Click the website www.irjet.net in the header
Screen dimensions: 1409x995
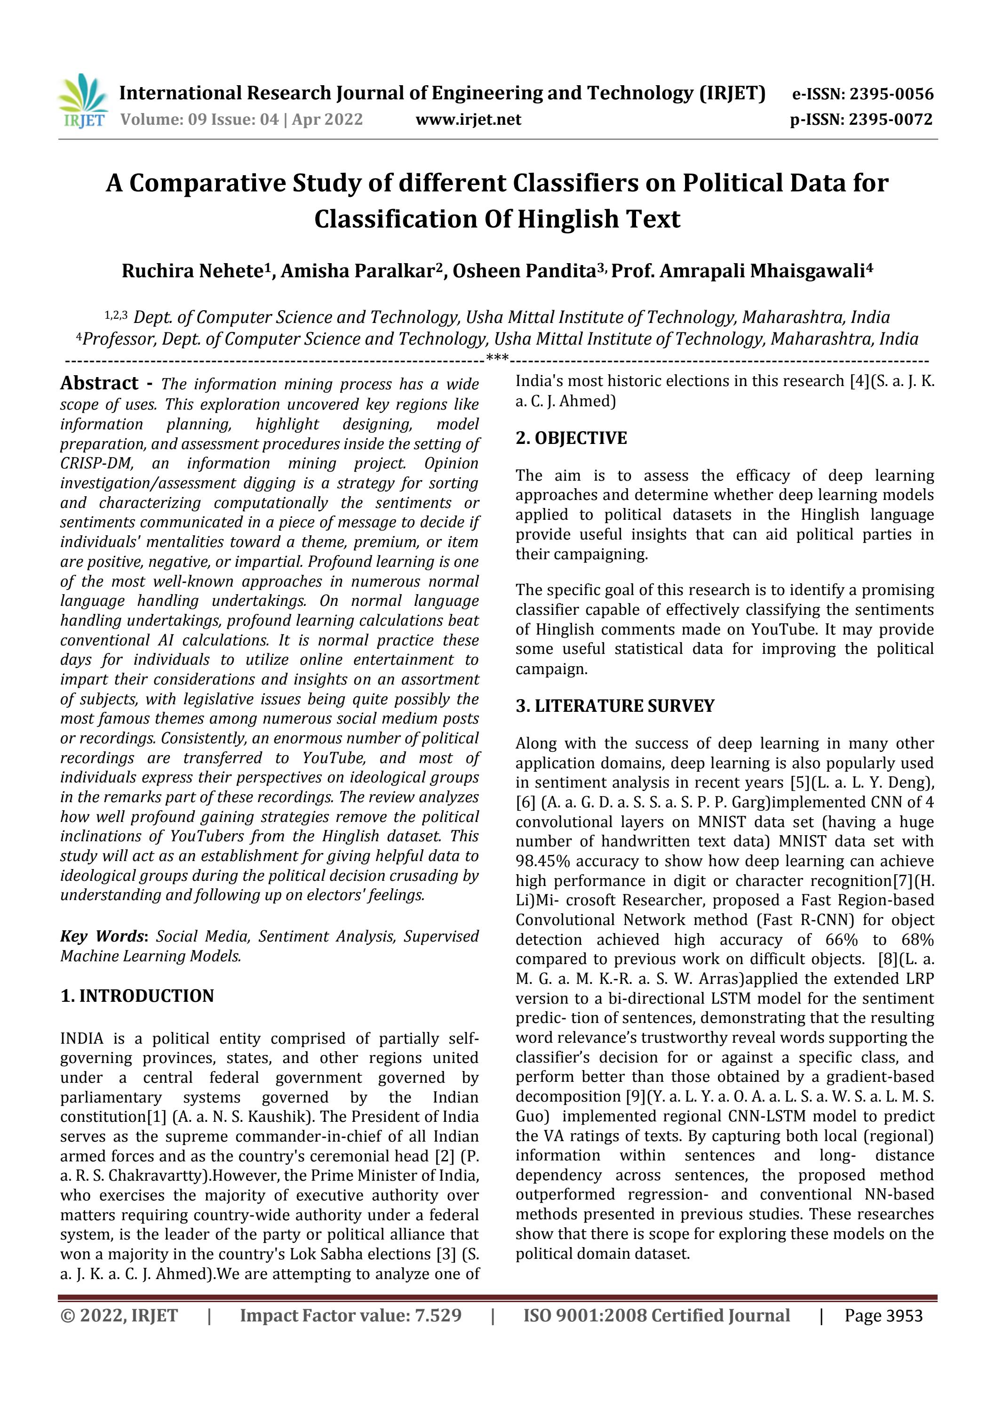[x=468, y=120]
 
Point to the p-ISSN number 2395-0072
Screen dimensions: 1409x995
[x=891, y=120]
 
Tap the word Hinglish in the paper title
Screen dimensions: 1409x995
[x=567, y=219]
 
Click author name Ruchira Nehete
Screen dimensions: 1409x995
[x=192, y=271]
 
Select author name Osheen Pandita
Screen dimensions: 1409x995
[x=523, y=271]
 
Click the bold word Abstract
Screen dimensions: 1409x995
[x=99, y=384]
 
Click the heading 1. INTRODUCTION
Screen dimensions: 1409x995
[x=137, y=996]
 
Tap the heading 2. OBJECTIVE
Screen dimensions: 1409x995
[x=571, y=438]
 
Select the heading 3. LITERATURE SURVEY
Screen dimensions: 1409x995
[x=615, y=706]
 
